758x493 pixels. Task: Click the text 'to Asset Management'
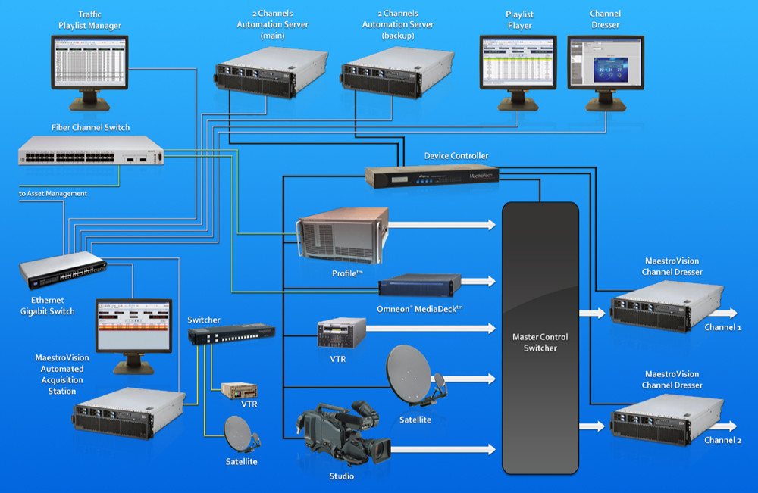click(53, 194)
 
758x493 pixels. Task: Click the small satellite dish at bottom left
click(240, 434)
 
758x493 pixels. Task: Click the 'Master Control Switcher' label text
click(540, 342)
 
